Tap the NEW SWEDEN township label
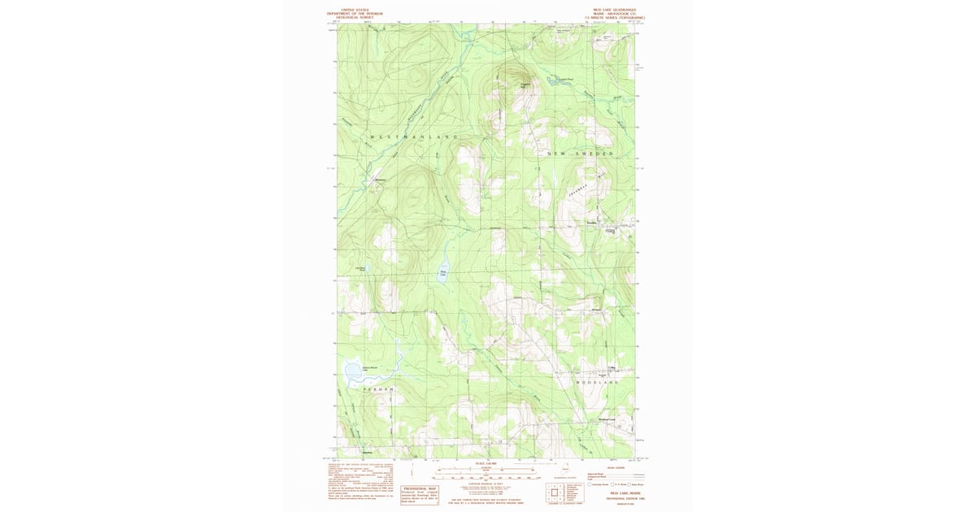(x=579, y=153)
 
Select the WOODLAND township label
(x=597, y=381)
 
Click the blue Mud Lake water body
(x=444, y=273)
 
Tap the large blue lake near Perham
(x=352, y=373)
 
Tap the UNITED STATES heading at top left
(x=354, y=10)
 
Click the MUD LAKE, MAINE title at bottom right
(x=613, y=492)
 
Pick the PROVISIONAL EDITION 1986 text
(x=613, y=497)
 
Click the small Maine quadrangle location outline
(x=564, y=469)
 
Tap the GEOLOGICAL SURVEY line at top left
(x=354, y=17)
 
